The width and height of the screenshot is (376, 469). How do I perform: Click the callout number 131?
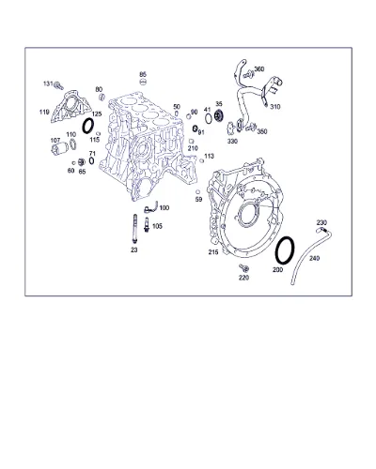click(x=48, y=83)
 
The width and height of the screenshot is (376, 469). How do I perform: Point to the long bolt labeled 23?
click(x=134, y=228)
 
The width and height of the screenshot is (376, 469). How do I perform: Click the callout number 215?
click(x=213, y=251)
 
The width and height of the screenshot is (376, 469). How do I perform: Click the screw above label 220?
click(x=243, y=267)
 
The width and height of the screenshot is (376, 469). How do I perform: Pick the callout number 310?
click(x=275, y=107)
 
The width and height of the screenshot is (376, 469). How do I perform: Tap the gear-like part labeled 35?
click(x=219, y=116)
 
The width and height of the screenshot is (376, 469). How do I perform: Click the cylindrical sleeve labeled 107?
click(x=59, y=147)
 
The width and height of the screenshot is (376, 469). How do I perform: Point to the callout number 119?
click(x=44, y=112)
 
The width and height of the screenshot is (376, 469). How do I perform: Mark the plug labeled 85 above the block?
click(x=143, y=82)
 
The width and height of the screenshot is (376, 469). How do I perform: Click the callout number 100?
click(x=164, y=208)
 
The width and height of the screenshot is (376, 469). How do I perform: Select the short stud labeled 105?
click(x=146, y=225)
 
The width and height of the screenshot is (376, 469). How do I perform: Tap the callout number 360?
click(x=259, y=69)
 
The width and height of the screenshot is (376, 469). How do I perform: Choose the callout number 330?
click(x=232, y=142)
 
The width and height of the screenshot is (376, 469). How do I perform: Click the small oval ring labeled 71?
click(x=90, y=160)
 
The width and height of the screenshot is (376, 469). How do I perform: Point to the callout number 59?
click(x=198, y=199)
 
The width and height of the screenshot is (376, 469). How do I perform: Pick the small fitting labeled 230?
click(x=321, y=230)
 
